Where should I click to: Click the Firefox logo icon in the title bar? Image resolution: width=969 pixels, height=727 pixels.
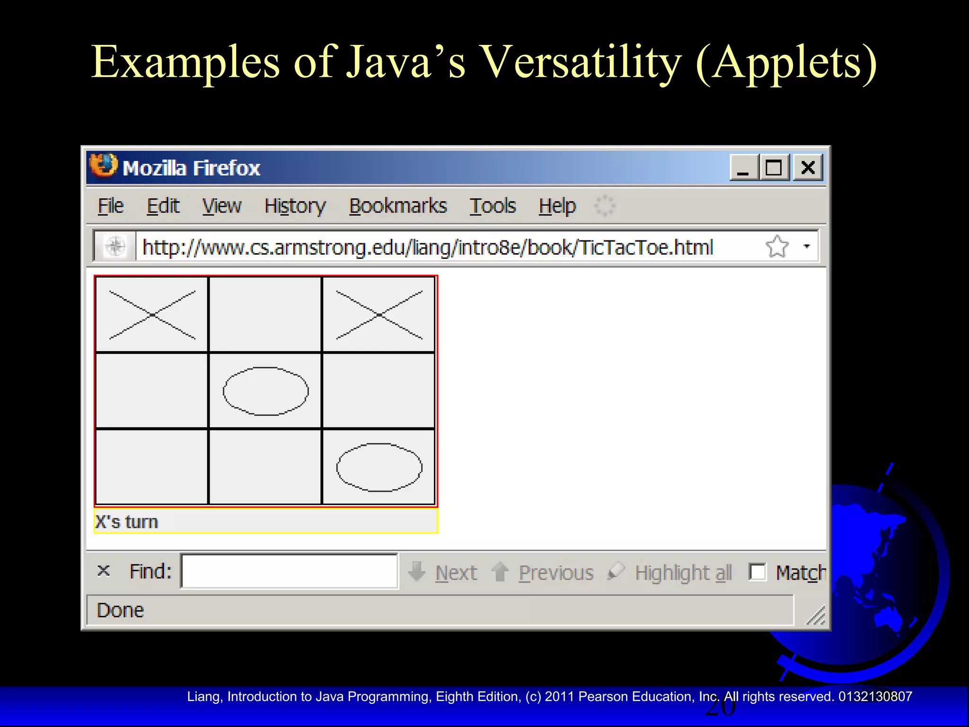tap(103, 166)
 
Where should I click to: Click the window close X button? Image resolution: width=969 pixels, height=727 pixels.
tap(808, 168)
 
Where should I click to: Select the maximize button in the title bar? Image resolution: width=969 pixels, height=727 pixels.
tap(774, 168)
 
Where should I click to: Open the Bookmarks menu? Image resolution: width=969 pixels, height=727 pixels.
tap(397, 206)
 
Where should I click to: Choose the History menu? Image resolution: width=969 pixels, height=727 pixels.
tap(295, 206)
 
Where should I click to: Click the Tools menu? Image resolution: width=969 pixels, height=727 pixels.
tap(492, 206)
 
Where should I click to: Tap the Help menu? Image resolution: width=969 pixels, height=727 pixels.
tap(557, 206)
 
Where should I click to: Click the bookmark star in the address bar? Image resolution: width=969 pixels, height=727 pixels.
tap(777, 247)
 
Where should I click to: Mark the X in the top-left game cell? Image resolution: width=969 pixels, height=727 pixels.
tap(152, 315)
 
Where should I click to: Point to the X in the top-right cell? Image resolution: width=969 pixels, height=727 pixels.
tap(379, 315)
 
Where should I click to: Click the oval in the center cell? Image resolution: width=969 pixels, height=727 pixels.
tap(265, 391)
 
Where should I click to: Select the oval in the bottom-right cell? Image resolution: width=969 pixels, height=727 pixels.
tap(379, 467)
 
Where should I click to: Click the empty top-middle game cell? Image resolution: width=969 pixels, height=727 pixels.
tap(265, 315)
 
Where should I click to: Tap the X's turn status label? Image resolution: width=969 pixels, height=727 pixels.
tap(127, 522)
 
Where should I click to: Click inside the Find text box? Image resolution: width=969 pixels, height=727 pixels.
tap(289, 571)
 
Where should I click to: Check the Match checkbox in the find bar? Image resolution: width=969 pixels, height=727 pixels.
tap(757, 572)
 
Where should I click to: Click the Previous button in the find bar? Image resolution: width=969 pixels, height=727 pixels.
tap(555, 573)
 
